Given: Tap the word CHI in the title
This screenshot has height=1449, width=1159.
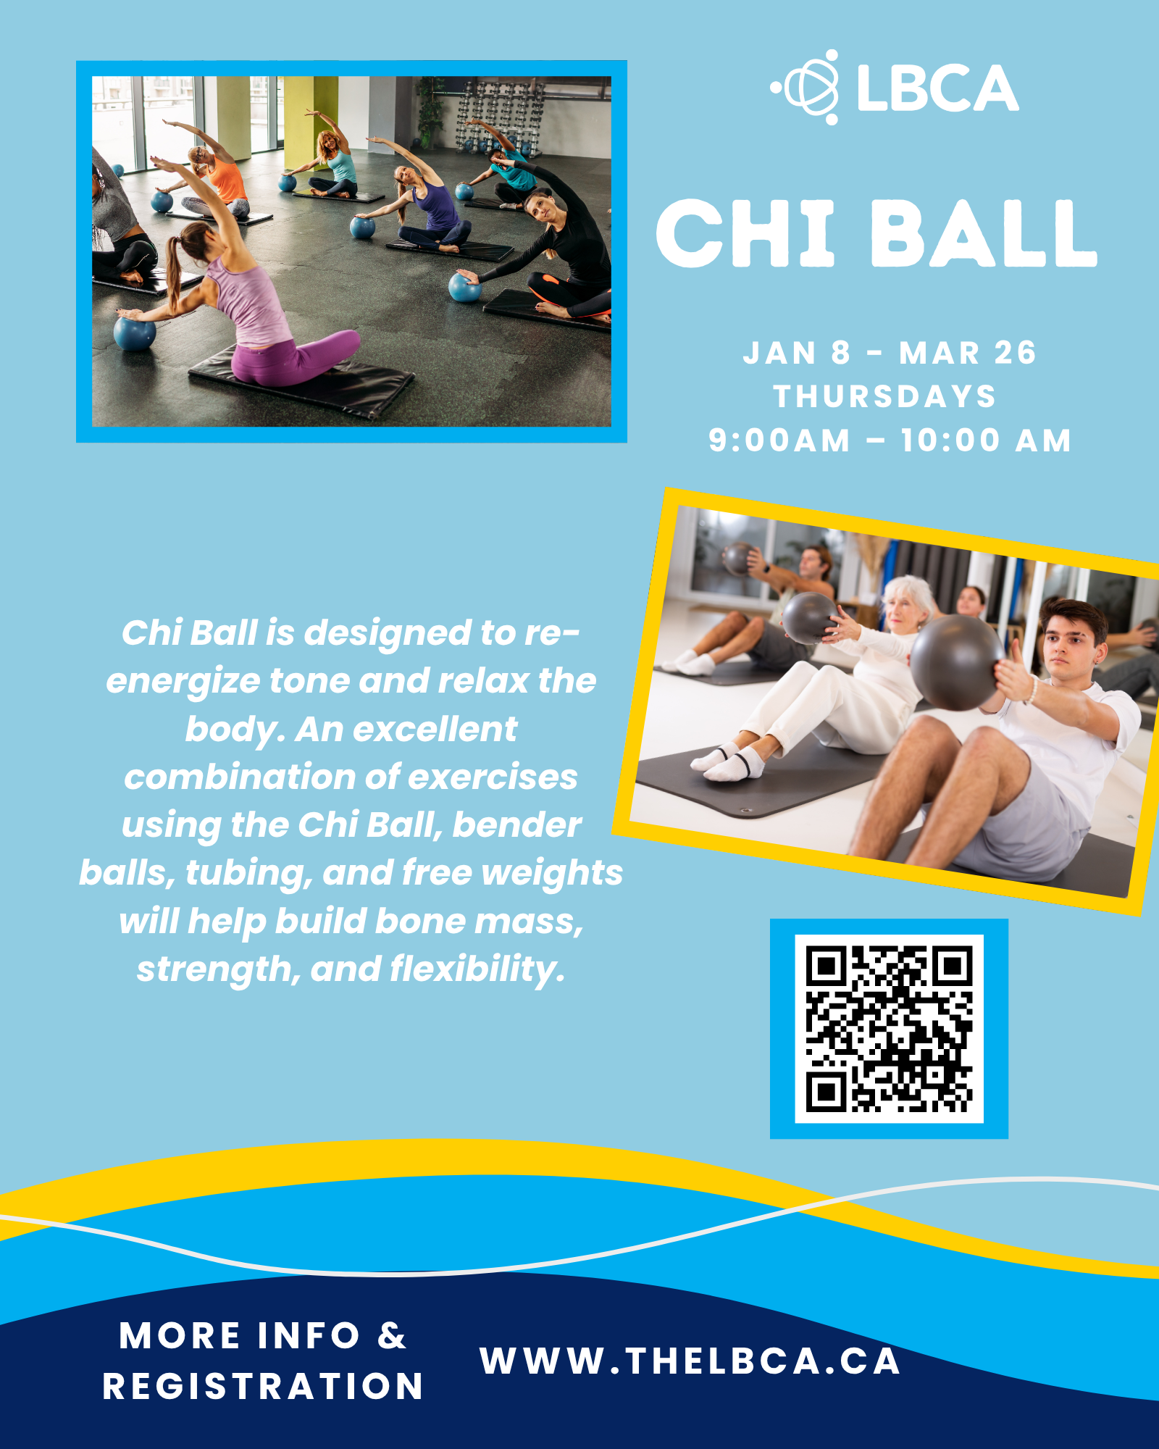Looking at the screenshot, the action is [746, 233].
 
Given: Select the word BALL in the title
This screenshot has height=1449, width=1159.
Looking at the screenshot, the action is [983, 233].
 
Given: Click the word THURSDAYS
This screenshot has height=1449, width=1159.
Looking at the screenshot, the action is [885, 396].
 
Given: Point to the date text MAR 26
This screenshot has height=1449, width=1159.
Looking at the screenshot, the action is [968, 353].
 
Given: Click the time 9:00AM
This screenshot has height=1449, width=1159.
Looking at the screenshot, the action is [779, 440].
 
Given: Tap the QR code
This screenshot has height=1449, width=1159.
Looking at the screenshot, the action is [889, 1029].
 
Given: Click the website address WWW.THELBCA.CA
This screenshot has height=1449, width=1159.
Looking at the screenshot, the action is [690, 1361].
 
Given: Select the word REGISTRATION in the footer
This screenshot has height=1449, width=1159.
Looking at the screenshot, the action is [263, 1387].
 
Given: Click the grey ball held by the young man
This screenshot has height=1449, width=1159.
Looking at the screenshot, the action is [957, 663].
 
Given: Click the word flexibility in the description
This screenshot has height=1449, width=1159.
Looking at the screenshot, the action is [477, 969].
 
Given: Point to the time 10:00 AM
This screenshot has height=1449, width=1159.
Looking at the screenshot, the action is [986, 440].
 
